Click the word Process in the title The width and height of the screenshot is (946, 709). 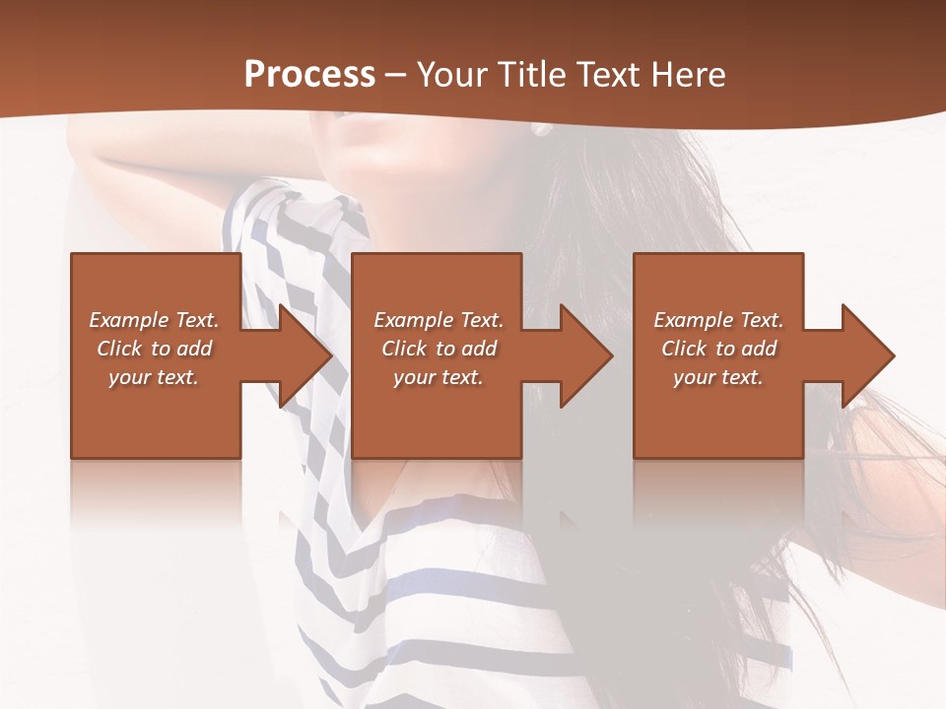(309, 75)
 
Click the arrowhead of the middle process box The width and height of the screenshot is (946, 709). (584, 355)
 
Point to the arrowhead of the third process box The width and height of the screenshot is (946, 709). (866, 355)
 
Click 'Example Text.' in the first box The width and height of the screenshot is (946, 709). (154, 320)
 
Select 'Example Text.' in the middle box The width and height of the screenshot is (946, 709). (438, 320)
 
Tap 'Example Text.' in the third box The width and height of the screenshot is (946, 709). (718, 320)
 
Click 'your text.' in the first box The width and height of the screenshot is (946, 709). (154, 377)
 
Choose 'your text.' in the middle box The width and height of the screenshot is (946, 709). (438, 377)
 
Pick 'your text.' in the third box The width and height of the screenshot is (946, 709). (718, 377)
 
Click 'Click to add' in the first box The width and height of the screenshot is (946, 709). (154, 349)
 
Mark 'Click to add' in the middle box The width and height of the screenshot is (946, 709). (438, 349)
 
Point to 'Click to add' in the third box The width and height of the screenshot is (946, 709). (718, 349)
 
